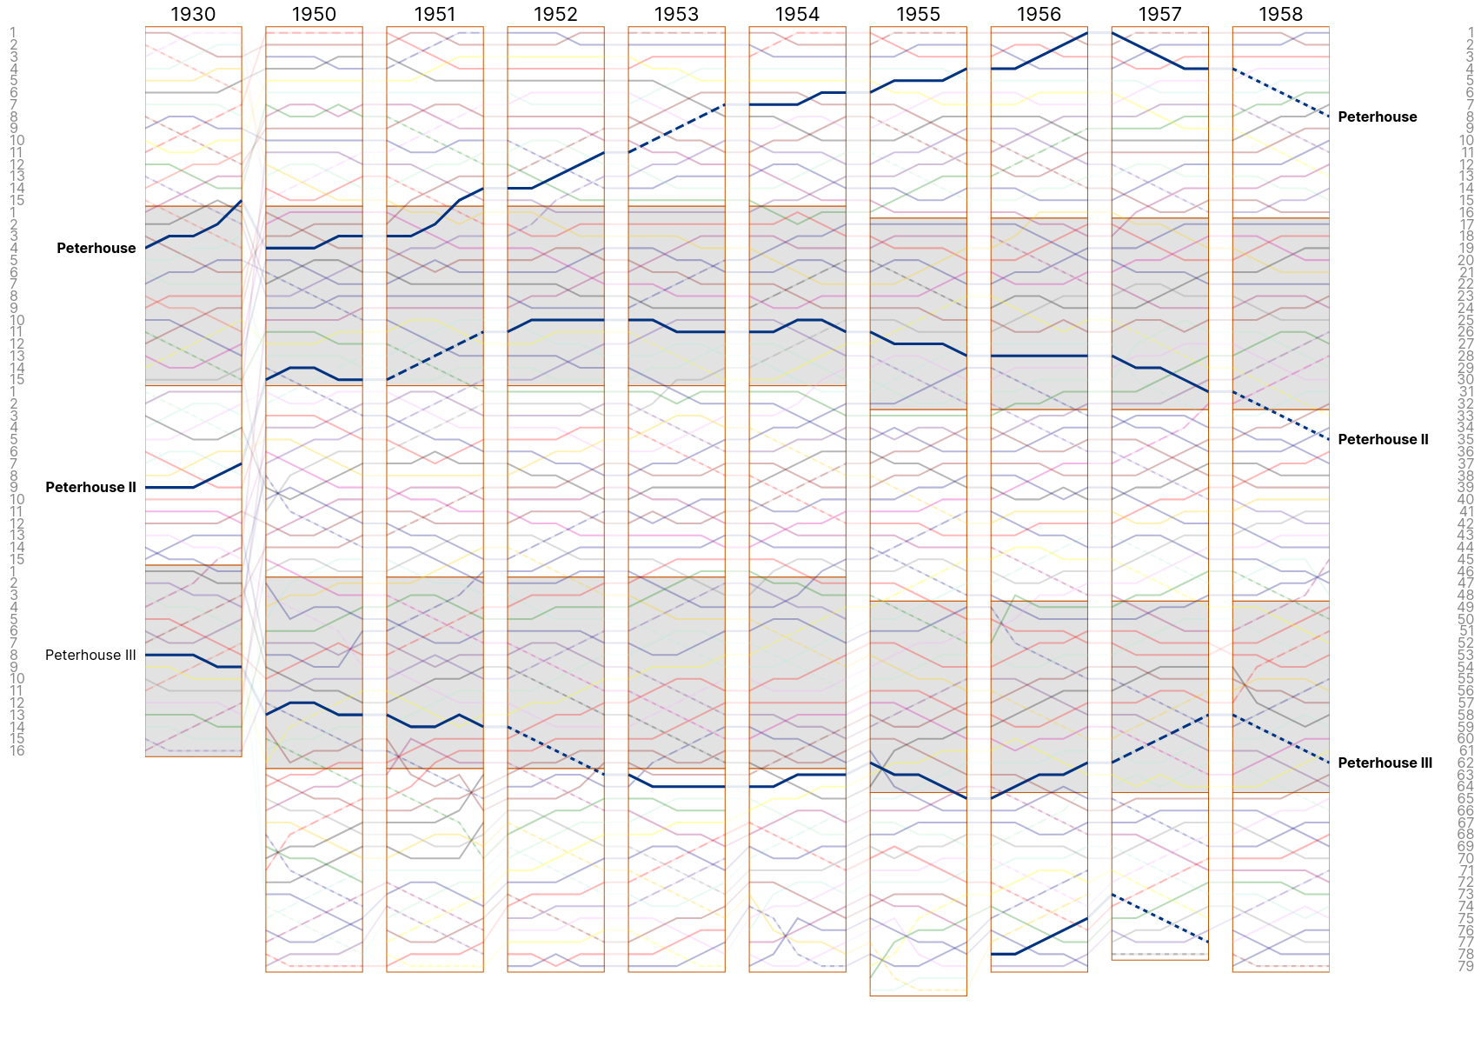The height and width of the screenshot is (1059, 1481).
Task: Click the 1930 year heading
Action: click(x=193, y=14)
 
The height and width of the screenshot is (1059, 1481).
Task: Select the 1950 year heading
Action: click(x=314, y=14)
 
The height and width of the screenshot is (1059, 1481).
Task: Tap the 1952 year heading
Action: click(x=555, y=14)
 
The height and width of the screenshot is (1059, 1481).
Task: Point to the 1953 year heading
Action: click(x=676, y=14)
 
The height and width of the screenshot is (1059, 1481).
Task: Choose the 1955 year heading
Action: click(x=918, y=14)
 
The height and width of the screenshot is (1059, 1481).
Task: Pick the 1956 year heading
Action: click(x=1039, y=14)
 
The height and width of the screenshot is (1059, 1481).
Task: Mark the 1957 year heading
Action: click(x=1159, y=14)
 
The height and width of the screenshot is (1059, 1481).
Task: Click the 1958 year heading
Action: click(x=1280, y=14)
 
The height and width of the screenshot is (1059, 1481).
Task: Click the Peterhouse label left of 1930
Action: click(x=96, y=249)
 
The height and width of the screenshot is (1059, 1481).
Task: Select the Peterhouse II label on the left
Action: click(x=90, y=488)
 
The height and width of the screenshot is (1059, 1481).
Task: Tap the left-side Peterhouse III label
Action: click(x=90, y=656)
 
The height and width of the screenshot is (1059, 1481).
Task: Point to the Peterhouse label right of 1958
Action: click(x=1377, y=117)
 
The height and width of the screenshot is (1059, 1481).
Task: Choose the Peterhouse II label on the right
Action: click(x=1383, y=440)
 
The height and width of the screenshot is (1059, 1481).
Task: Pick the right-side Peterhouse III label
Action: click(x=1385, y=763)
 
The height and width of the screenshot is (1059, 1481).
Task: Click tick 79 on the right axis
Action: click(x=1465, y=966)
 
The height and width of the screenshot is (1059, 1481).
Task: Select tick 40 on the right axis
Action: click(x=1465, y=499)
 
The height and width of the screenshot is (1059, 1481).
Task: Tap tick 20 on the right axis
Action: click(x=1465, y=260)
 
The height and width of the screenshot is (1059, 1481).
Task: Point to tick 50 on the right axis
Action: click(x=1465, y=619)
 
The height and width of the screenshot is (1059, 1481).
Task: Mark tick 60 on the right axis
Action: click(x=1465, y=738)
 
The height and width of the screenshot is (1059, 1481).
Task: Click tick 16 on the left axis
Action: click(x=17, y=750)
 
